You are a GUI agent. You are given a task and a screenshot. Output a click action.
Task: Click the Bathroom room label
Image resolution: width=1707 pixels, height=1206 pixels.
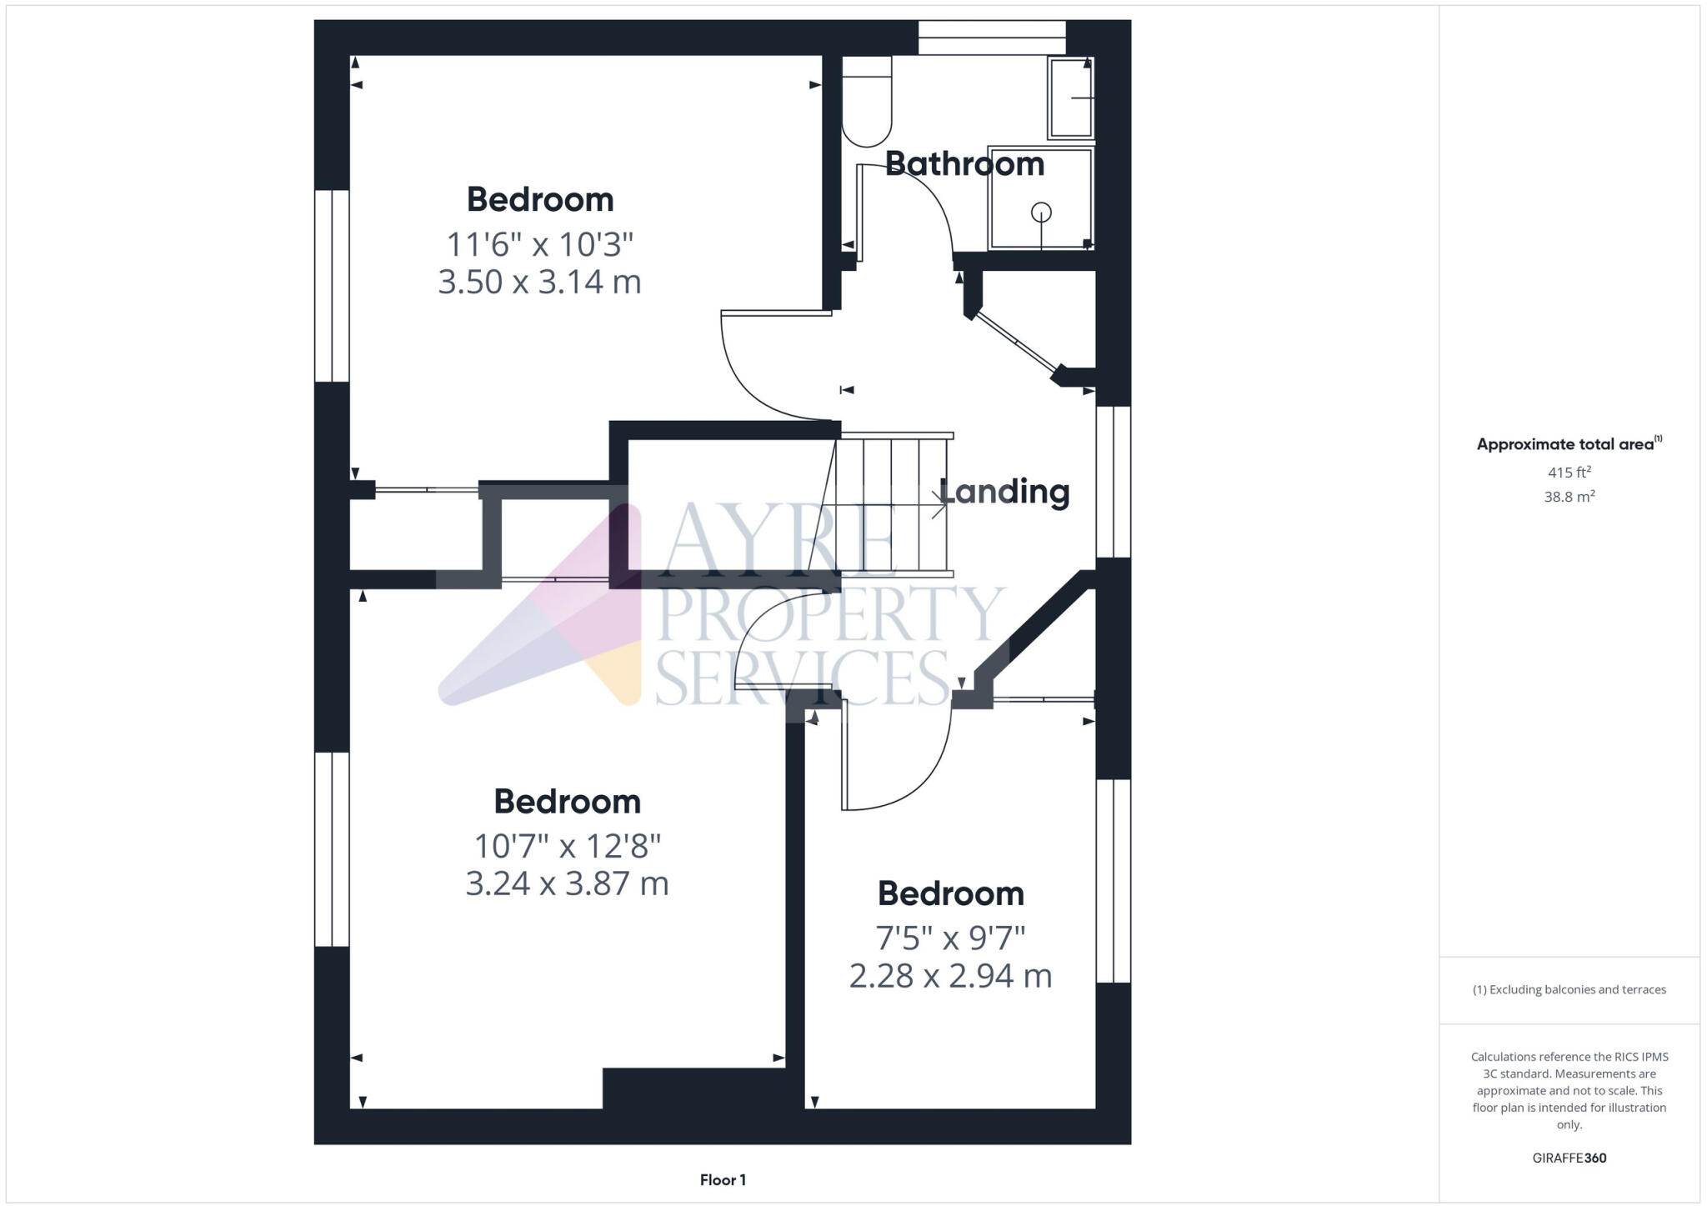(964, 164)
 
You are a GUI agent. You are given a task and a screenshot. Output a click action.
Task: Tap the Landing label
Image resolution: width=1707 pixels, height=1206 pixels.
(1005, 492)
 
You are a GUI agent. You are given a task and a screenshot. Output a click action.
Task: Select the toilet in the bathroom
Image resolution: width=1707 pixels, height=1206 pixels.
(867, 102)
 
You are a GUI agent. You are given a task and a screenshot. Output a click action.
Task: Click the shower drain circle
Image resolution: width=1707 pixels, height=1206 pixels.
(1041, 213)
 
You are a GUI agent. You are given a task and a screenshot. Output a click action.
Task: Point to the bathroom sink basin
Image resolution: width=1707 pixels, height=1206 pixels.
(1070, 98)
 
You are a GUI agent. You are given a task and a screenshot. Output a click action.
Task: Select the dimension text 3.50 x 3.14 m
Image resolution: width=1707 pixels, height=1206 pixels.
(539, 282)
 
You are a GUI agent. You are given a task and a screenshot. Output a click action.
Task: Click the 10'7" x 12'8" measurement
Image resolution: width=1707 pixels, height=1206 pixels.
(567, 846)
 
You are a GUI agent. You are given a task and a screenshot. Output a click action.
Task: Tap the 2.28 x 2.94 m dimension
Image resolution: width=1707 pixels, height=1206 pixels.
(950, 975)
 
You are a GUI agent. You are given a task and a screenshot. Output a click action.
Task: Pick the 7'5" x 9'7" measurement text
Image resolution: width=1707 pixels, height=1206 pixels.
(950, 938)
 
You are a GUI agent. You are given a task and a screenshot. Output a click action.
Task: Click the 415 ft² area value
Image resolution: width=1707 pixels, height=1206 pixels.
(1569, 472)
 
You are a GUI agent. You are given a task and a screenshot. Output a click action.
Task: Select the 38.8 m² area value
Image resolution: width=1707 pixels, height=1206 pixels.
(1569, 497)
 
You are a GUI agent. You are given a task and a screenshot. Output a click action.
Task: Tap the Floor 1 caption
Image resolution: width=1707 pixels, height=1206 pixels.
(723, 1180)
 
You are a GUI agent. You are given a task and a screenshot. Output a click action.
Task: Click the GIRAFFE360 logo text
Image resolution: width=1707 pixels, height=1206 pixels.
(1569, 1158)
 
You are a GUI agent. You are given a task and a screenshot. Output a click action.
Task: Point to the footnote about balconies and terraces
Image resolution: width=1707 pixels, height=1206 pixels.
(1569, 990)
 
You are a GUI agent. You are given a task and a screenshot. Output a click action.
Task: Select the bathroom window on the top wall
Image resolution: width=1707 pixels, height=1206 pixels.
(992, 38)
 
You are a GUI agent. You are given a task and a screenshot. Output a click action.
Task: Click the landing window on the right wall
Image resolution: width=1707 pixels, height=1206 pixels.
(1113, 482)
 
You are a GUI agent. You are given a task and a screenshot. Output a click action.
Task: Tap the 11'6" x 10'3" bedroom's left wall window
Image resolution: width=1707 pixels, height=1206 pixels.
(332, 286)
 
